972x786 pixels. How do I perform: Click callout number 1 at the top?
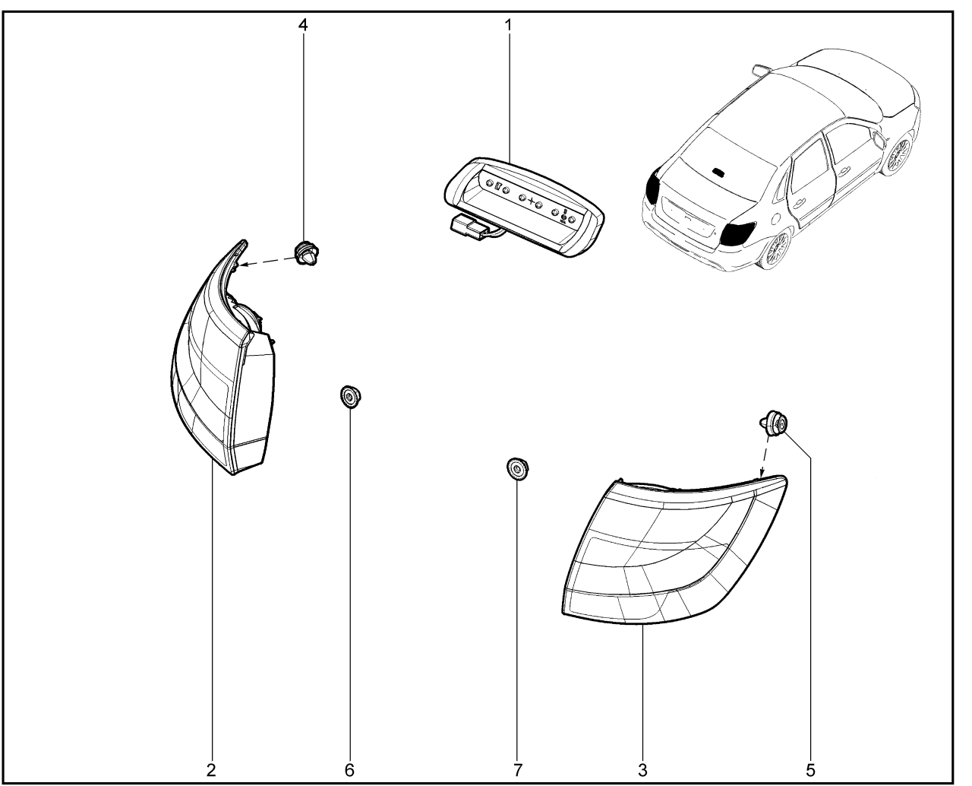coord(508,25)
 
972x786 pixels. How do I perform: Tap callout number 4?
coord(303,25)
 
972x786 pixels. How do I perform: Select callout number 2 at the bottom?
coord(211,770)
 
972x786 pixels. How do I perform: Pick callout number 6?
coord(349,770)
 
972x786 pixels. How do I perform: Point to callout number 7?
coord(517,770)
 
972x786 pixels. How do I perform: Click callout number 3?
coord(642,770)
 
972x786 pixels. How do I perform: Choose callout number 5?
coord(810,770)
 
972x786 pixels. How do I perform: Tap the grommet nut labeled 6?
coord(350,396)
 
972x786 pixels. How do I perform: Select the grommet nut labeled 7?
coord(517,467)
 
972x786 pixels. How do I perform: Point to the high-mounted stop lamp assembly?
coord(523,207)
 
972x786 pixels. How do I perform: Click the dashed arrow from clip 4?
coord(268,261)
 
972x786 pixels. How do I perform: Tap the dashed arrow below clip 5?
coord(765,457)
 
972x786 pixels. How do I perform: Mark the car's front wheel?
coord(898,154)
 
